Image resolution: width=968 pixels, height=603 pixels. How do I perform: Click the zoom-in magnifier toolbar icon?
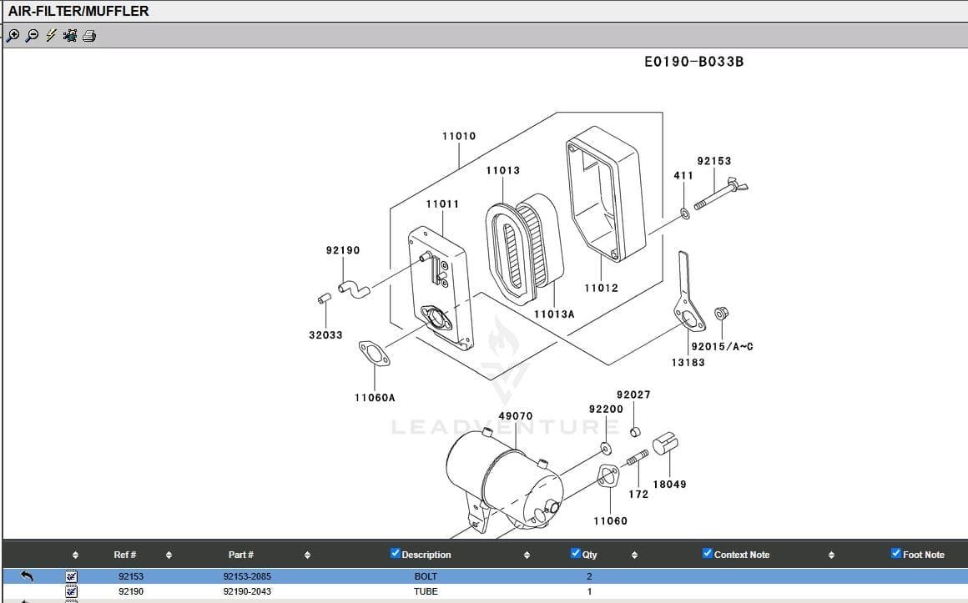pos(13,36)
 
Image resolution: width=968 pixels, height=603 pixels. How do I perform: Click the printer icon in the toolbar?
pos(89,36)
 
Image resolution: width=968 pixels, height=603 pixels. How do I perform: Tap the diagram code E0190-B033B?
pos(694,62)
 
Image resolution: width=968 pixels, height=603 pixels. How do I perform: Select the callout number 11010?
pos(459,136)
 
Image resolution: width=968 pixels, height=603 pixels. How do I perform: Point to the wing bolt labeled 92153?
pos(721,193)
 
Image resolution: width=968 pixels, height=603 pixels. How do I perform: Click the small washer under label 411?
pos(684,214)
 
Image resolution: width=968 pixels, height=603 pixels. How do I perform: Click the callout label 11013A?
pos(554,314)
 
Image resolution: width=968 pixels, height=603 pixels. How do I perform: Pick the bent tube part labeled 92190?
pos(354,289)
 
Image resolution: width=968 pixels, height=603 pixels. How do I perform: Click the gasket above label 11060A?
pos(374,353)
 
